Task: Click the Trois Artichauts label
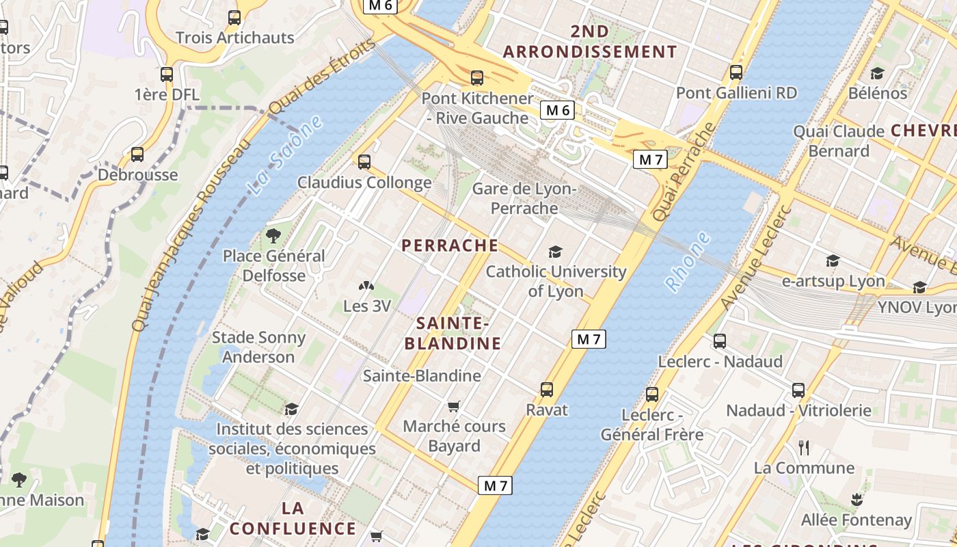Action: click(x=234, y=37)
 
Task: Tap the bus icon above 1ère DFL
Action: click(x=166, y=75)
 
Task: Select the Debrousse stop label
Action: click(x=137, y=174)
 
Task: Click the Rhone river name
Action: click(x=688, y=263)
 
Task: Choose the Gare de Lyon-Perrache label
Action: click(x=524, y=198)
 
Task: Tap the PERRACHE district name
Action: click(x=450, y=245)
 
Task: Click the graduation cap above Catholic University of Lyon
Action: click(x=555, y=252)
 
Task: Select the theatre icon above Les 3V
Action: click(x=366, y=286)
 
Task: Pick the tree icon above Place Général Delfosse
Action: click(x=273, y=237)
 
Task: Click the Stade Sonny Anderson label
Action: click(x=258, y=347)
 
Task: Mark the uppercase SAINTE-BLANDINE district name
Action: click(x=453, y=333)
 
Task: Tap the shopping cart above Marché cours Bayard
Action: click(x=454, y=406)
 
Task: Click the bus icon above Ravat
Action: click(x=546, y=390)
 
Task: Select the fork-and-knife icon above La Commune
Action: click(x=804, y=448)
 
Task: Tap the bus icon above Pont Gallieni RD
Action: click(x=736, y=72)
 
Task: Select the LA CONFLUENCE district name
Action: click(x=293, y=518)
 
